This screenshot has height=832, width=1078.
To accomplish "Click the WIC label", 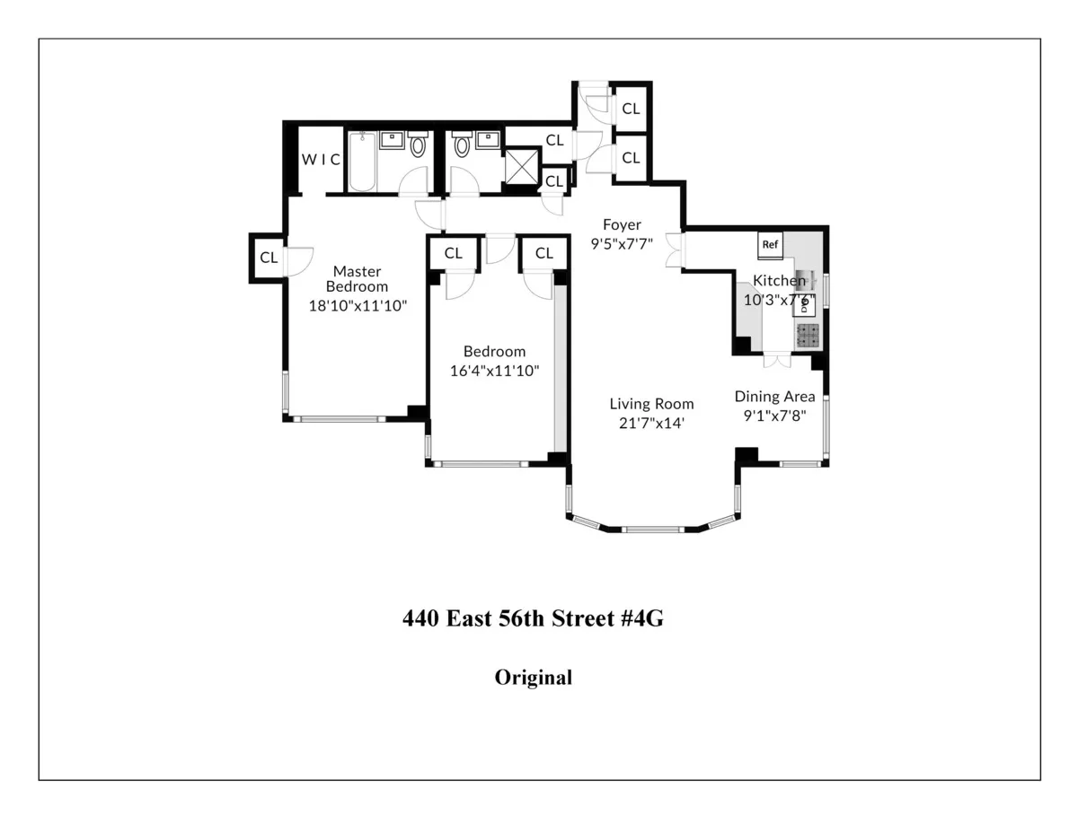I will tap(321, 160).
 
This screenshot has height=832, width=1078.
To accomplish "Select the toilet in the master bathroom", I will tap(418, 145).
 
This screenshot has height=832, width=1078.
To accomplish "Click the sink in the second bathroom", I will tap(489, 140).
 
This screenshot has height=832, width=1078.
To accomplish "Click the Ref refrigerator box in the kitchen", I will tap(770, 244).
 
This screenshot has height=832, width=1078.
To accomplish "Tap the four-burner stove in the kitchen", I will tap(808, 336).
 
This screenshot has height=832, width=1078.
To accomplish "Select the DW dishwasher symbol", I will tap(804, 304).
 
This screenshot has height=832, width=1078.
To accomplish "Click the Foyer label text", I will tap(622, 224).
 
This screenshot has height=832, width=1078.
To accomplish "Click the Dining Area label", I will tap(775, 397).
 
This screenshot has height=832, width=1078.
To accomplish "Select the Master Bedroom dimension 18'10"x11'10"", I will tap(358, 304).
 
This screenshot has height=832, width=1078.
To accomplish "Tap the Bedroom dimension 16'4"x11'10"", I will tap(495, 369).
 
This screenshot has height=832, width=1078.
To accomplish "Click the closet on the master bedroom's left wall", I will tap(269, 258).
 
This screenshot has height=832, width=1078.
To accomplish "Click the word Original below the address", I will tap(533, 678).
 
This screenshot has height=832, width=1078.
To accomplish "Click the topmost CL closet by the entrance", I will tap(632, 109).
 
